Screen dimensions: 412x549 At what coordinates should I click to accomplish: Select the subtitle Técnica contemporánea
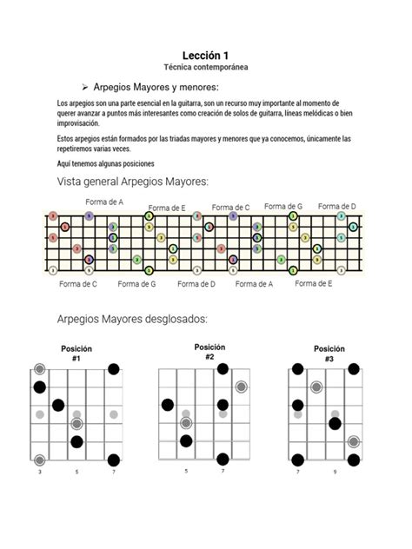coord(205,67)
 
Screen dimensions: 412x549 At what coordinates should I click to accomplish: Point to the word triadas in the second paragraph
coord(181,138)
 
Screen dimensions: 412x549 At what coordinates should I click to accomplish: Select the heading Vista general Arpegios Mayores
coord(132,182)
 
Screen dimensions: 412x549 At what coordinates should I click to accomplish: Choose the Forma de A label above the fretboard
coord(104,202)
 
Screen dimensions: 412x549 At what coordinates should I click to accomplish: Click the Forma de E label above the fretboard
coord(166,208)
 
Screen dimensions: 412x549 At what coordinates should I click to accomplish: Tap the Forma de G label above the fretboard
coord(283,207)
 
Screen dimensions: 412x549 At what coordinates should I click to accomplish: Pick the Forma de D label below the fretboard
coord(196,283)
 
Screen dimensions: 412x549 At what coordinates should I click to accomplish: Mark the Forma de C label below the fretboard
coord(78,283)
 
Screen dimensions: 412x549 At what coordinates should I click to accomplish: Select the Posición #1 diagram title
coord(76,353)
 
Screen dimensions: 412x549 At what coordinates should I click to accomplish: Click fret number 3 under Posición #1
coord(40,473)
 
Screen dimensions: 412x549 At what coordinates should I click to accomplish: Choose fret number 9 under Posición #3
coord(334,473)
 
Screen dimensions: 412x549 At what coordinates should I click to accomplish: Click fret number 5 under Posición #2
coord(186,471)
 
